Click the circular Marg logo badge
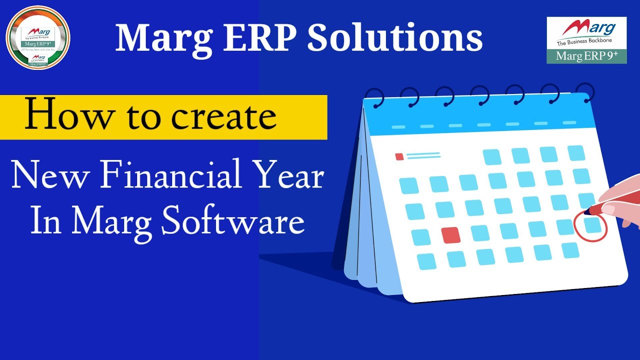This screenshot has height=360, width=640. pyautogui.click(x=38, y=37)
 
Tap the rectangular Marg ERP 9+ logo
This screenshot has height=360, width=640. pyautogui.click(x=586, y=40)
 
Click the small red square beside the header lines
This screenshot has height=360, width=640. pyautogui.click(x=399, y=157)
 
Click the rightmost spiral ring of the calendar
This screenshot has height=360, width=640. pyautogui.click(x=586, y=93)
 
